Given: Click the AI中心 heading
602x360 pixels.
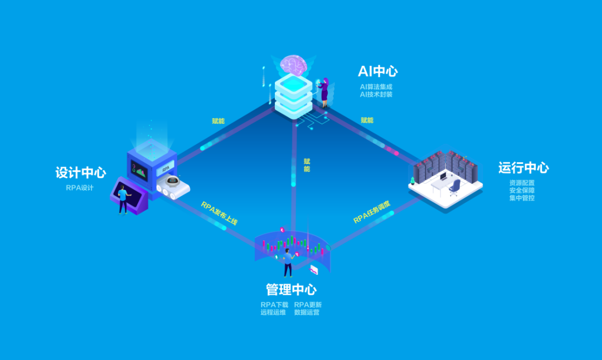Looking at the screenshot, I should click(x=378, y=71).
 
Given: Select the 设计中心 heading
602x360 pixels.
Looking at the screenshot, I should click(x=81, y=173).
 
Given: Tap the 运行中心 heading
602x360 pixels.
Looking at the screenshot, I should click(x=523, y=168).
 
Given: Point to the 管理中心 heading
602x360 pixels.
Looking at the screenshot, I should click(x=291, y=290).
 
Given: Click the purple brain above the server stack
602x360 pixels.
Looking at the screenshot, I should click(x=294, y=64).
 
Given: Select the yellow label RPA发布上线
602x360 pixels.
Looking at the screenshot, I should click(x=219, y=213).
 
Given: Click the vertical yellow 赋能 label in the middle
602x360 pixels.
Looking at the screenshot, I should click(x=307, y=165).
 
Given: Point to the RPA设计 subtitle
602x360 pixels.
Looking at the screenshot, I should click(x=80, y=188).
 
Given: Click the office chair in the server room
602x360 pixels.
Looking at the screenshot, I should click(x=455, y=186).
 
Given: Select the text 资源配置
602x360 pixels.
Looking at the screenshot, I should click(x=522, y=182).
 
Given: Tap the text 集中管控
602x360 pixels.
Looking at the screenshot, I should click(x=522, y=198).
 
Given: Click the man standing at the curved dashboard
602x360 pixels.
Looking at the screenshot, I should click(x=288, y=262).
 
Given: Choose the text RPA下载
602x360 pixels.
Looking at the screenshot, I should click(x=274, y=305).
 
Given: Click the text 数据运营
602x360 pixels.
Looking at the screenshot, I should click(x=307, y=313).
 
